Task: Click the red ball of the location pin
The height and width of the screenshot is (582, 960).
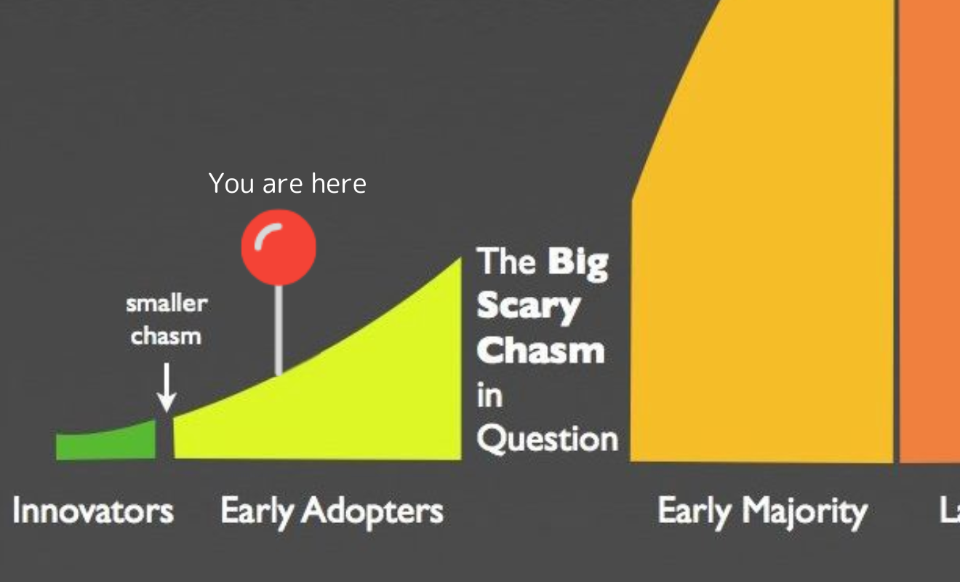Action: tap(279, 247)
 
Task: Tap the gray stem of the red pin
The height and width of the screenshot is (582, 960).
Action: tap(279, 330)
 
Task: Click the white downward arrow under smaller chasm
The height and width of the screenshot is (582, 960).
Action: tap(167, 388)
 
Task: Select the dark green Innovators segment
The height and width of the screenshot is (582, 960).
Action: tap(106, 442)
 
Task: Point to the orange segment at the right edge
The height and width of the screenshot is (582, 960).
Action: tap(929, 231)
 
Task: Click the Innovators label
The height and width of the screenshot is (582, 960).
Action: tap(93, 510)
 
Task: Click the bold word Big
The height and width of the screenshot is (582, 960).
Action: tap(577, 264)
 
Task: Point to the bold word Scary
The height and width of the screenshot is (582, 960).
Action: tap(529, 308)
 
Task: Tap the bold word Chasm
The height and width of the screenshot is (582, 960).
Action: tap(541, 349)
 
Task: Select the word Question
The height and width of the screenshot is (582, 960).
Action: tap(548, 439)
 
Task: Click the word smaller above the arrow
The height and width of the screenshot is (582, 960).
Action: tap(167, 304)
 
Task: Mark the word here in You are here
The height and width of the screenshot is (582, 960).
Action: tap(339, 183)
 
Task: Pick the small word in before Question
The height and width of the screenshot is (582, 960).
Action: tap(489, 395)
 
